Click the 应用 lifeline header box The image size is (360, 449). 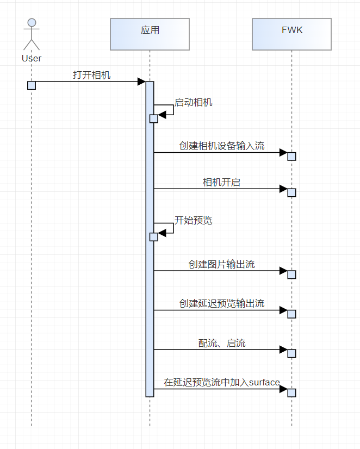point(150,34)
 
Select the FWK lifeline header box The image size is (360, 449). point(292,34)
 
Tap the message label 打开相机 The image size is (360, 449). point(92,75)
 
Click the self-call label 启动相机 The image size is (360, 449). point(194,102)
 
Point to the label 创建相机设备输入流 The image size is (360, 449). point(222,146)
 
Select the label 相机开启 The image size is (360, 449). point(221,183)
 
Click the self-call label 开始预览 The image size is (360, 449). point(194,220)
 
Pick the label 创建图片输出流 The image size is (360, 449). point(222,264)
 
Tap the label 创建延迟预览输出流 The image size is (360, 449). point(222,303)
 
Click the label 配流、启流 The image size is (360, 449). point(222,343)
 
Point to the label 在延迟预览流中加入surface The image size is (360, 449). point(222,383)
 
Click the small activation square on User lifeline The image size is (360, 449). point(32,85)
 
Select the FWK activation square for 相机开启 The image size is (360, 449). point(292,192)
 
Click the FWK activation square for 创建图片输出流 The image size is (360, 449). point(292,275)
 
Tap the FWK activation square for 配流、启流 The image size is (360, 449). point(292,353)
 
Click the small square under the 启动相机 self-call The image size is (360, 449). point(154,119)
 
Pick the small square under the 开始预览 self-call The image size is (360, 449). point(154,236)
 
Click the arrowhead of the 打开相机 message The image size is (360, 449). point(141,82)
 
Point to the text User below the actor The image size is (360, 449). point(32,58)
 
